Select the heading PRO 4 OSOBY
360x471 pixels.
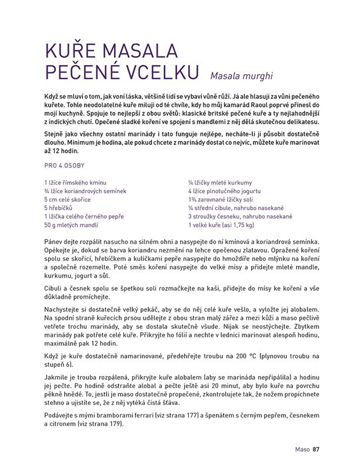click(x=65, y=166)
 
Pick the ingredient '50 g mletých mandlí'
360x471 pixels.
click(x=74, y=225)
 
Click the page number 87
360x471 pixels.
click(x=316, y=449)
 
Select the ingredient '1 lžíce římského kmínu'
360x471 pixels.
click(x=75, y=183)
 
